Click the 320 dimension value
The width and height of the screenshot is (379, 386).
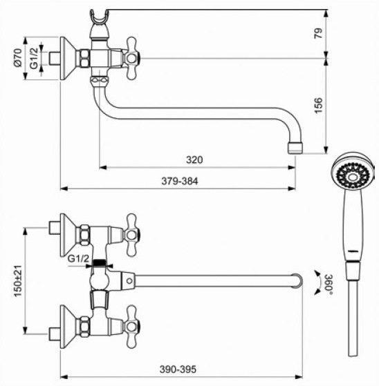(x=194, y=160)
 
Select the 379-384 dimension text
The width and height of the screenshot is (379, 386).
(x=180, y=181)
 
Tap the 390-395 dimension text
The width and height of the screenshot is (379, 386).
(x=178, y=369)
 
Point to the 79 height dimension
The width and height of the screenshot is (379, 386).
(x=318, y=33)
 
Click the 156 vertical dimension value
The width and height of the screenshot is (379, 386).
(x=318, y=106)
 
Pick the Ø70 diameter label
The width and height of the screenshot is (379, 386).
(x=18, y=58)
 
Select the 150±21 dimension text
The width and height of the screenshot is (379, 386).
(x=18, y=281)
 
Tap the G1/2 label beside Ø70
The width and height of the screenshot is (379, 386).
(x=34, y=58)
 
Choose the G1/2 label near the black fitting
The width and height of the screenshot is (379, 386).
(x=78, y=258)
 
